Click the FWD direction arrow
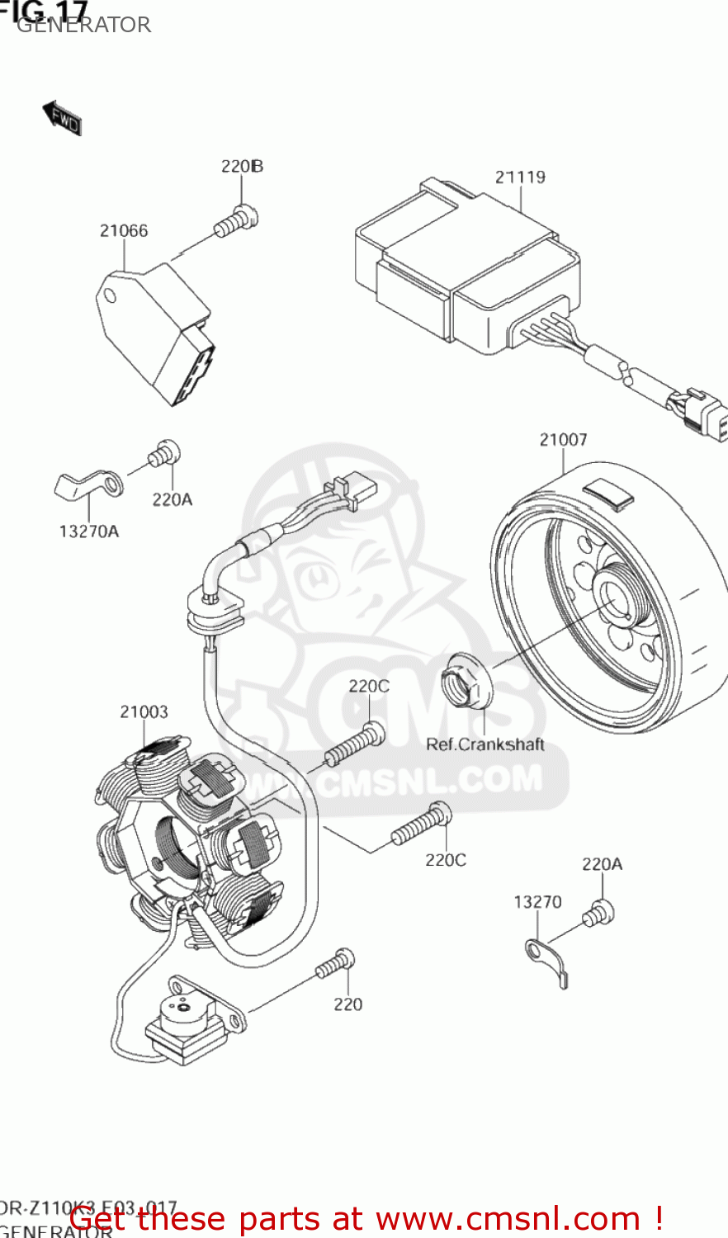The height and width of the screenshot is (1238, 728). click(x=62, y=118)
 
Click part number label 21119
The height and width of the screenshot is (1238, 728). click(x=520, y=177)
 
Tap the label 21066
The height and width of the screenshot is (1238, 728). click(x=124, y=231)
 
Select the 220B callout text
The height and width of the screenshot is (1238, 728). click(x=242, y=166)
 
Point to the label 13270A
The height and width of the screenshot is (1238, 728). click(x=88, y=532)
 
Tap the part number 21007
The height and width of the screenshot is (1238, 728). click(x=563, y=440)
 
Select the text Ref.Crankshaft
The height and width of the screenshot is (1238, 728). click(x=485, y=744)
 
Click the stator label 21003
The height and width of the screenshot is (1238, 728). click(x=144, y=711)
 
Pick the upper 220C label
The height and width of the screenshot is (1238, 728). click(x=368, y=686)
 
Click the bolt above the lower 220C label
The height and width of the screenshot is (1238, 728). click(x=422, y=825)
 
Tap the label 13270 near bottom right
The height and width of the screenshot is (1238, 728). click(x=537, y=902)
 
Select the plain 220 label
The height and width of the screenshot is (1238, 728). click(x=347, y=1004)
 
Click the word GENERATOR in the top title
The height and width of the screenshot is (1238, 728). click(x=83, y=25)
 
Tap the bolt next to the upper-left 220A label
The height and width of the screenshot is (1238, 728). click(x=163, y=454)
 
